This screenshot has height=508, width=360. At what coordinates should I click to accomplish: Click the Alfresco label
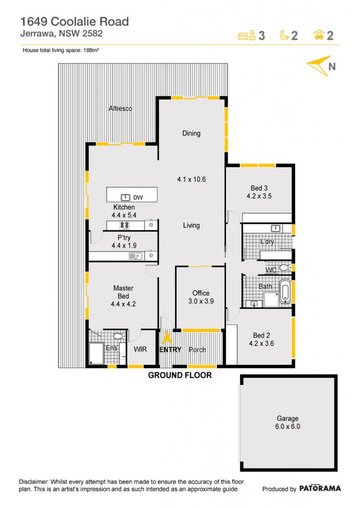point(120,109)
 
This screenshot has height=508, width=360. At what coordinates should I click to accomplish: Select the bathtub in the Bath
point(285,291)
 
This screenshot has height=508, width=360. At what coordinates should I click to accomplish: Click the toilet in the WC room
point(286,267)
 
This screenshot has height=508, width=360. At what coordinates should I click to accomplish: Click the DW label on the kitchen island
point(138,197)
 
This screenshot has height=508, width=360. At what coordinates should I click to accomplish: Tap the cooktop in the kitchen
point(125,225)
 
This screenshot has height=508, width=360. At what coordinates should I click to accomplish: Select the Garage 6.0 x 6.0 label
point(288,423)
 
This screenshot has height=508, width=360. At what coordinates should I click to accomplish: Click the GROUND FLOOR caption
point(180,375)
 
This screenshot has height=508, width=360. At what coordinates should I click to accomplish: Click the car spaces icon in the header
point(319,35)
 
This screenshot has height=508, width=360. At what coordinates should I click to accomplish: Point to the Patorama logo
point(320,489)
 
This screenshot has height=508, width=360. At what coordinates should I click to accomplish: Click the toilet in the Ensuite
point(120,336)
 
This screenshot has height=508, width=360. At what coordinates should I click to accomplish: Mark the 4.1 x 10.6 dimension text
point(191,179)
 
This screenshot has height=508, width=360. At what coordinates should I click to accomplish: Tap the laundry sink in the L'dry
point(276,228)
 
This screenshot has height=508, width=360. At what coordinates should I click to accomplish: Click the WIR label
point(140,349)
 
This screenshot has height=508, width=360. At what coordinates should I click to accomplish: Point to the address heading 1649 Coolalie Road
point(74,21)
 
